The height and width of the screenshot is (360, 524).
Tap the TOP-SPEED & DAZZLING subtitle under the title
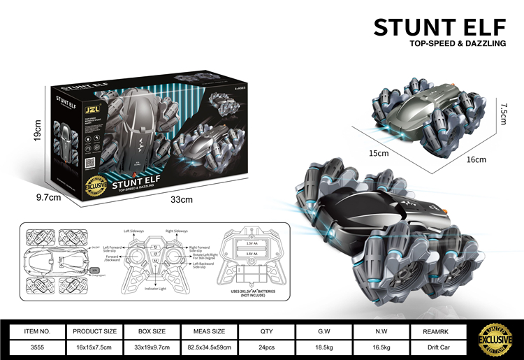point(457,44)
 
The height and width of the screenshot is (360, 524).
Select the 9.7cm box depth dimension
point(50,198)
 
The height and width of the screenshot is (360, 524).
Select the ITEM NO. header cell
point(37,331)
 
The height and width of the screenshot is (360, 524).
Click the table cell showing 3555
point(37,347)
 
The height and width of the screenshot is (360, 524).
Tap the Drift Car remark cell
point(438,347)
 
